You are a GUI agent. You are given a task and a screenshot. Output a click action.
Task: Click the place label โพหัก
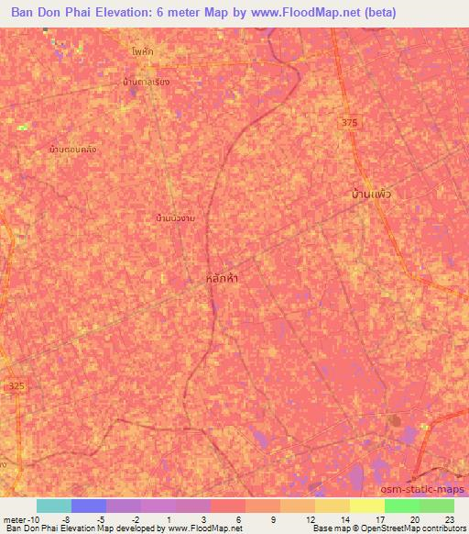(x=142, y=52)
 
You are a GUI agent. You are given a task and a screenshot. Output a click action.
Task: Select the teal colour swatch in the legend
(x=54, y=506)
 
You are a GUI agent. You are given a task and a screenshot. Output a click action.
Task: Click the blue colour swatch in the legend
(x=89, y=506)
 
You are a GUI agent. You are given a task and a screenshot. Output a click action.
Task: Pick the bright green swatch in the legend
(x=402, y=506)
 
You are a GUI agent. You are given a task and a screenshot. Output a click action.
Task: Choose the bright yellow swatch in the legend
(x=367, y=506)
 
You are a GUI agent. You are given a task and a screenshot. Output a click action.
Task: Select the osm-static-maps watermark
(x=430, y=491)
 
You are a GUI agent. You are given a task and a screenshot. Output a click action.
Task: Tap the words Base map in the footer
(x=327, y=528)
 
